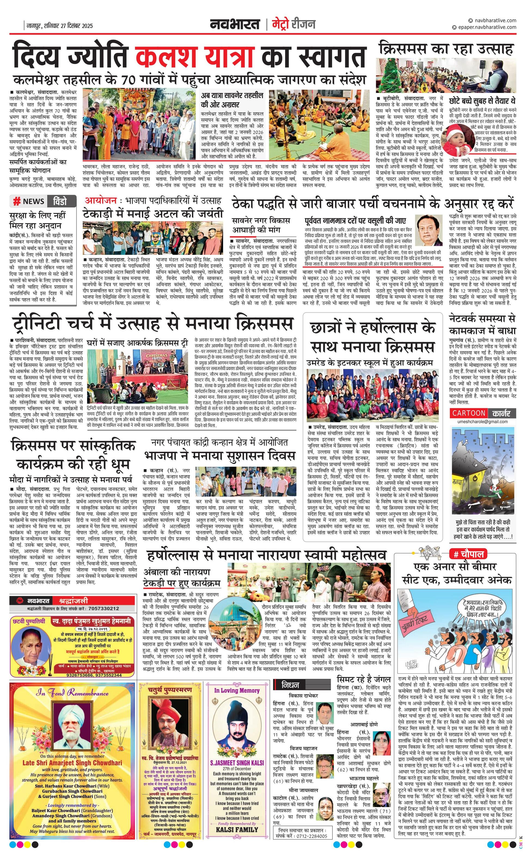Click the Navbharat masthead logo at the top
(235, 24)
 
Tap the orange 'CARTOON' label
(469, 413)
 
